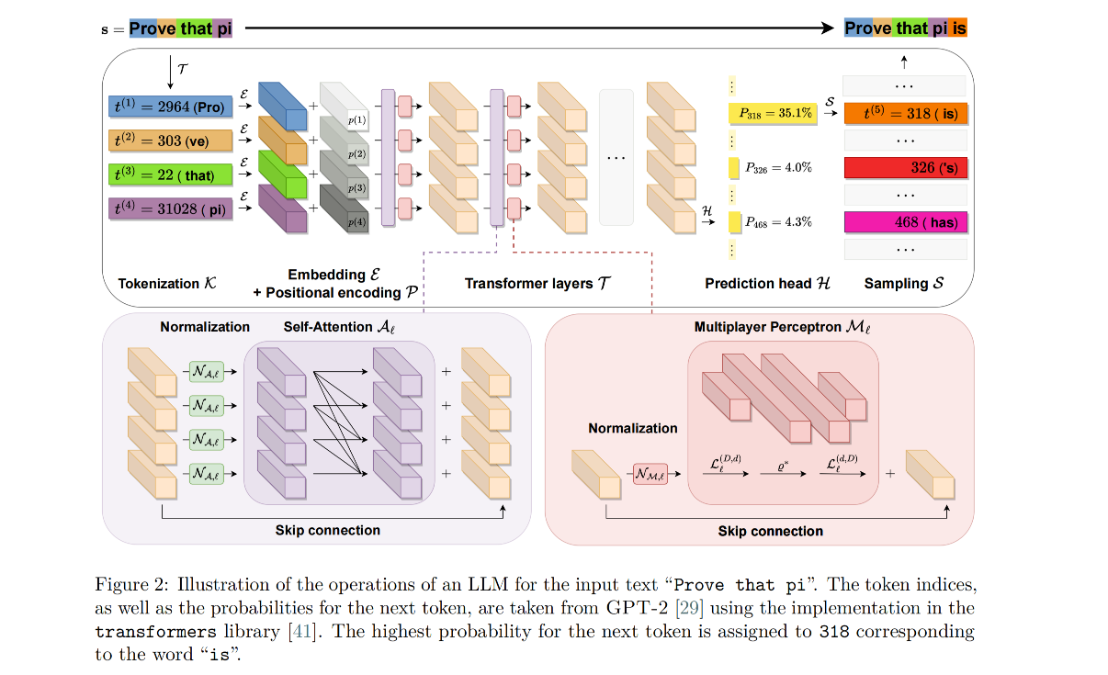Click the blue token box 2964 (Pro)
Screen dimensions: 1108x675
[171, 107]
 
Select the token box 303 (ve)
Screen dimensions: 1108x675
[171, 141]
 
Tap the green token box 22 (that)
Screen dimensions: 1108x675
[171, 174]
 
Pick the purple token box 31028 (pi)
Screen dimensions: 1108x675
[171, 208]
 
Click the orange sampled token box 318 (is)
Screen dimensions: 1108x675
[906, 113]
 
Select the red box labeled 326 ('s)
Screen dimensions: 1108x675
[906, 168]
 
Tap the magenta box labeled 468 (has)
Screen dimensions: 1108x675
[906, 222]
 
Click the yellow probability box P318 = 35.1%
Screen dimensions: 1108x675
[773, 113]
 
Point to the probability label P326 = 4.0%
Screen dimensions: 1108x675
[778, 168]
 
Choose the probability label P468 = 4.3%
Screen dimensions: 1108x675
[778, 222]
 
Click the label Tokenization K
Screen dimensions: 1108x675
[167, 284]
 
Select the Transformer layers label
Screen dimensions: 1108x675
[537, 284]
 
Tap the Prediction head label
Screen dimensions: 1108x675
[767, 284]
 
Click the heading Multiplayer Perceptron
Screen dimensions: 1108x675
[782, 327]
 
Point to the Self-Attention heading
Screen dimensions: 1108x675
[339, 327]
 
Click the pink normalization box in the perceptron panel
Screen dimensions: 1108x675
[650, 474]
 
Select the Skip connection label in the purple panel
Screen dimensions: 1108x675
[327, 530]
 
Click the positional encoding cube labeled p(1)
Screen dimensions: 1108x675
[345, 106]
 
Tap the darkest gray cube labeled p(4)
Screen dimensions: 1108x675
[345, 208]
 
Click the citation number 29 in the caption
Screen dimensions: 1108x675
[690, 608]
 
